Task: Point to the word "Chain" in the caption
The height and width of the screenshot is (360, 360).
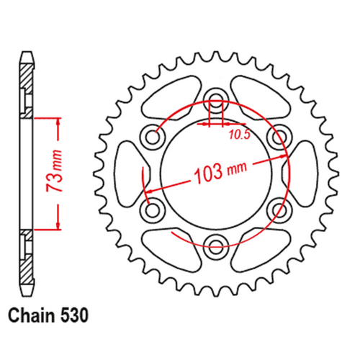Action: pyautogui.click(x=32, y=316)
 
